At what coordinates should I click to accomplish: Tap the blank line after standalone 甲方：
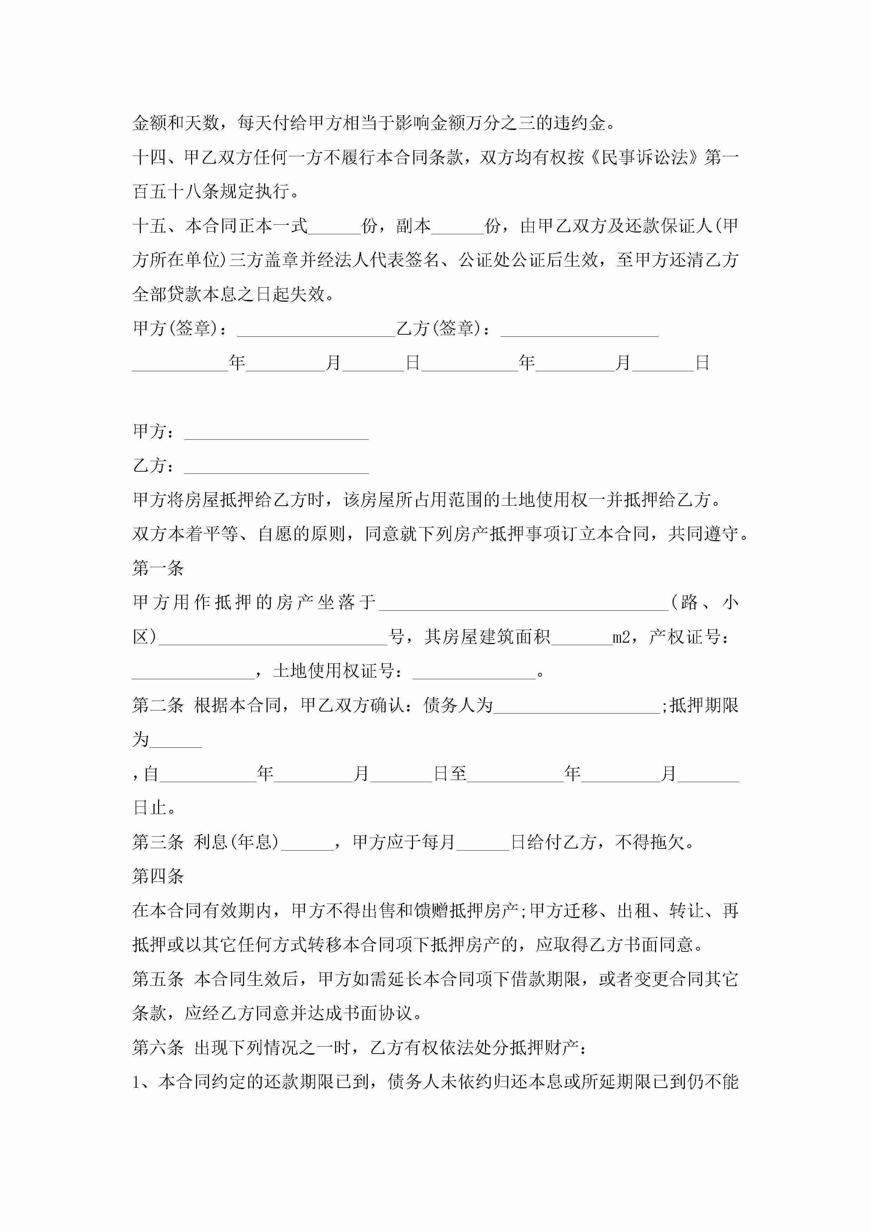click(x=276, y=433)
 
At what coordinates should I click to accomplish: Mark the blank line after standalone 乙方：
click(x=276, y=467)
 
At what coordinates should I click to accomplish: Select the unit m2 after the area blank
click(x=621, y=637)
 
